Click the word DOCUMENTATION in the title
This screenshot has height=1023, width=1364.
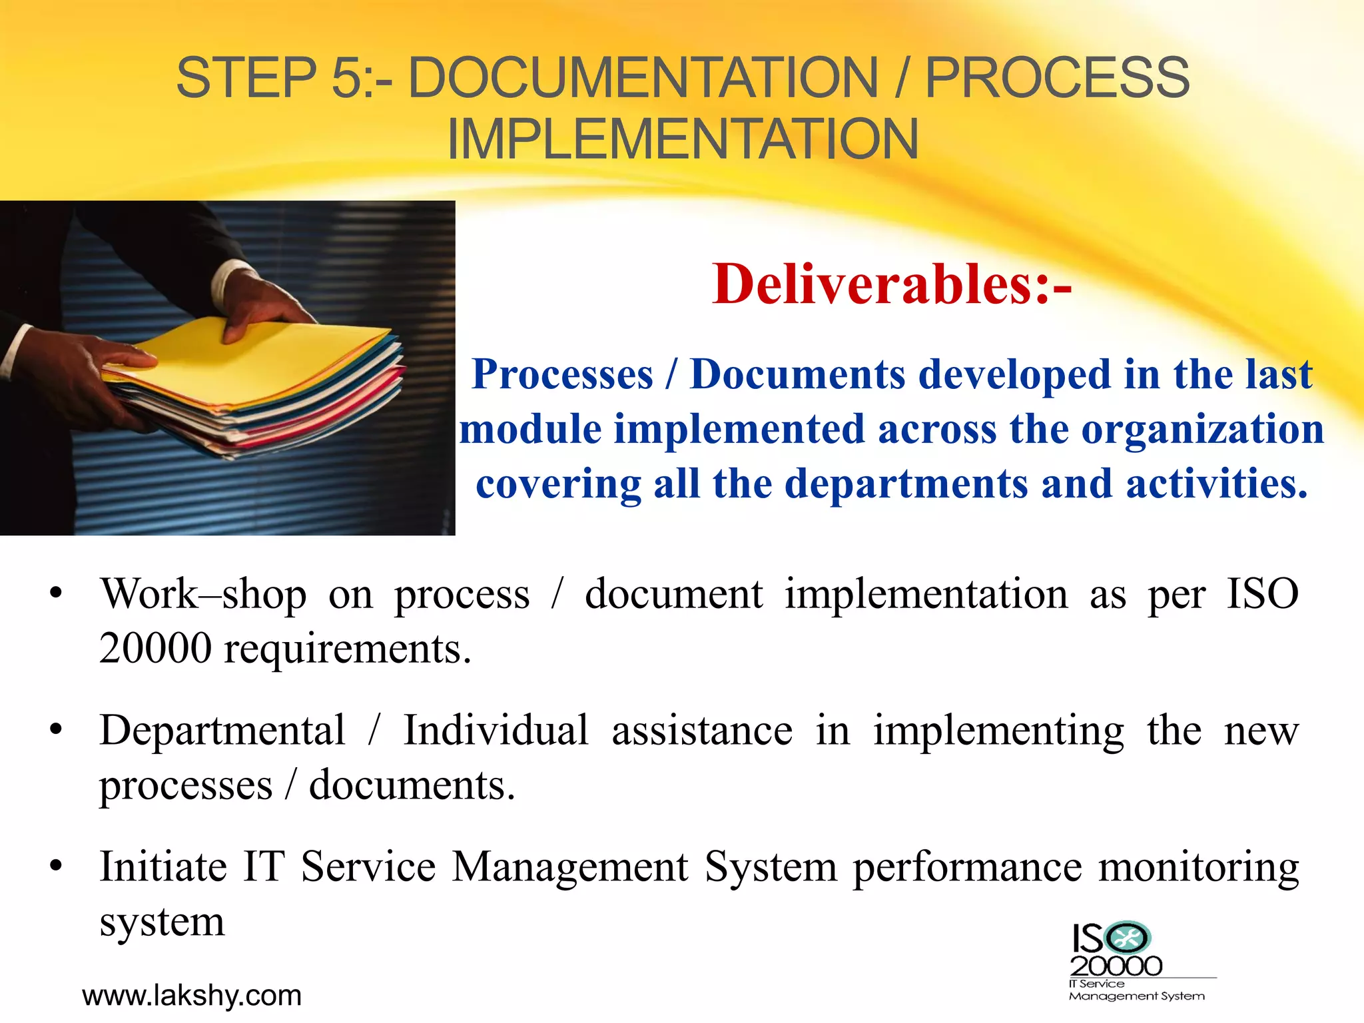coord(643,78)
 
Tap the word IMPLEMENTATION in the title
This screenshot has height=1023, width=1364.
coord(683,140)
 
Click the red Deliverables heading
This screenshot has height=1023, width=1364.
coord(891,284)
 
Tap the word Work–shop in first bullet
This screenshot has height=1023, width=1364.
coord(203,594)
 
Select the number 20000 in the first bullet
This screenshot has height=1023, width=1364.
coord(155,649)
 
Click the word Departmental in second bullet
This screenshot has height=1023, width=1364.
coord(222,731)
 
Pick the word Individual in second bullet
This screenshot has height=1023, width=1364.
coord(496,731)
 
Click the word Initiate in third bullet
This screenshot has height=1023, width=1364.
coord(163,867)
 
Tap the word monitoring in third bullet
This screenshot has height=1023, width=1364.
coord(1198,868)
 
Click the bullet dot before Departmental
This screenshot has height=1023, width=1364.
coord(56,731)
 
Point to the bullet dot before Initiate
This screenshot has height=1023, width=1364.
coord(56,868)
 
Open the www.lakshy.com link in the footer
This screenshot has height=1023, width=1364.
coord(192,996)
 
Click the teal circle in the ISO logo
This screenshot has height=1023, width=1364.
coord(1127,938)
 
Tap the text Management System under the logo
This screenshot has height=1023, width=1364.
coord(1136,996)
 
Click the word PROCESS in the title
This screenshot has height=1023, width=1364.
coord(1057,78)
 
